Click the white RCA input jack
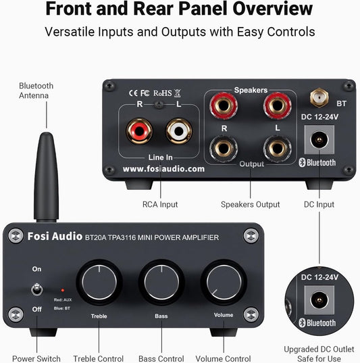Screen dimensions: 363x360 click(178, 128)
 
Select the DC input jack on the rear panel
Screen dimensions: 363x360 click(316, 140)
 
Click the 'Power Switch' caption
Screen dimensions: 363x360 click(36, 358)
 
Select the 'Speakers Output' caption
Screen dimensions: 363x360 click(250, 204)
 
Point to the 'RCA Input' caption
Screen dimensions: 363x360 click(159, 204)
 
